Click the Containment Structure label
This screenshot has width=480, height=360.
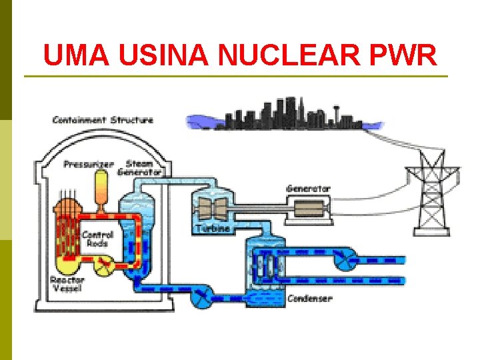[x=103, y=120]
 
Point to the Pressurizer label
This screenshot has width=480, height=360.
[x=89, y=164]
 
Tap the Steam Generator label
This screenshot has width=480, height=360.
[x=139, y=167]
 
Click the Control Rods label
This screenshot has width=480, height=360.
[x=97, y=239]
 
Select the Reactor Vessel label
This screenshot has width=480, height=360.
[x=67, y=285]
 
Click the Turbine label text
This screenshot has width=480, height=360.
[x=213, y=229]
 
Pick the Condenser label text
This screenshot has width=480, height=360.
[x=309, y=299]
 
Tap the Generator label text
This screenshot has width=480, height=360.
[x=308, y=189]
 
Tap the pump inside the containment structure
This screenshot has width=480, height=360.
[x=105, y=266]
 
